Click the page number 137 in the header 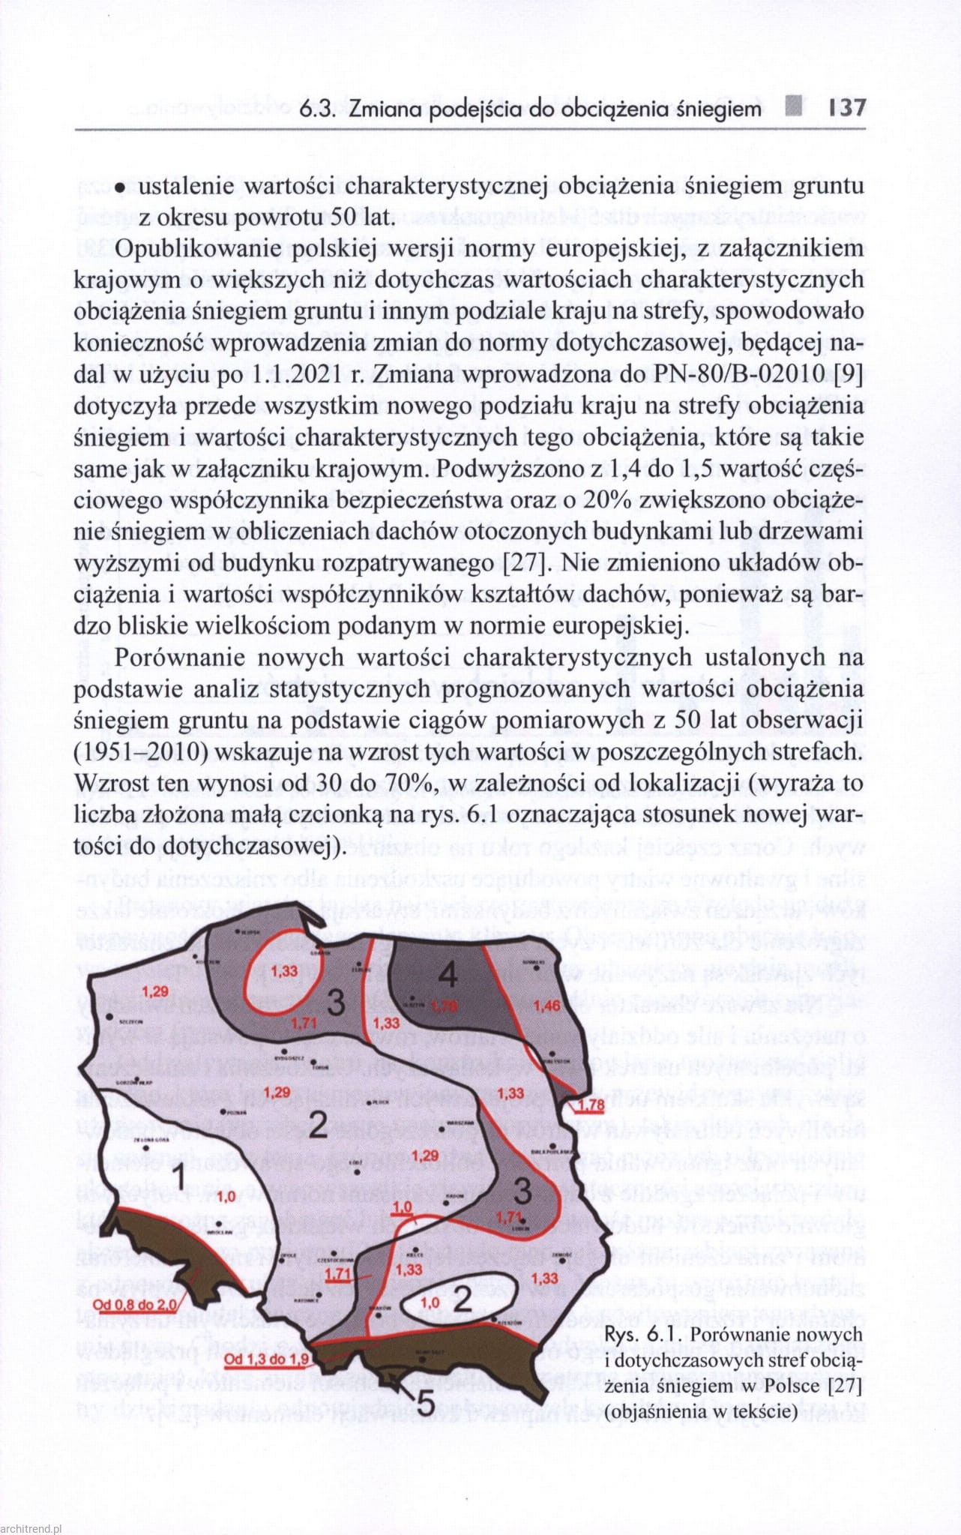point(847,108)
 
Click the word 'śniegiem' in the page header point(713,109)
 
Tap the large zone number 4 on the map point(448,975)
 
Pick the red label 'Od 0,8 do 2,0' point(135,1305)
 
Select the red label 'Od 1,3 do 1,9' point(266,1359)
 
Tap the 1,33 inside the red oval point(284,971)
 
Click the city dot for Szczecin point(109,1018)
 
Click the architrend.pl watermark point(31,1528)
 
